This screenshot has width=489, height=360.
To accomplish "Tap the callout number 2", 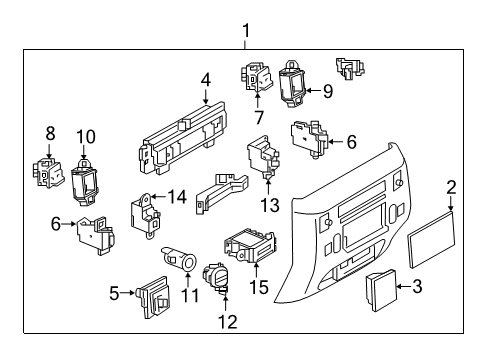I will pos(451,186).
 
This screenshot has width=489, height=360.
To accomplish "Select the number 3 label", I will pos(418,287).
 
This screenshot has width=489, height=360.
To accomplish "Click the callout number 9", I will pos(325,91).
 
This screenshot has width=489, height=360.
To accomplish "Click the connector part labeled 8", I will pos(47,172).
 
